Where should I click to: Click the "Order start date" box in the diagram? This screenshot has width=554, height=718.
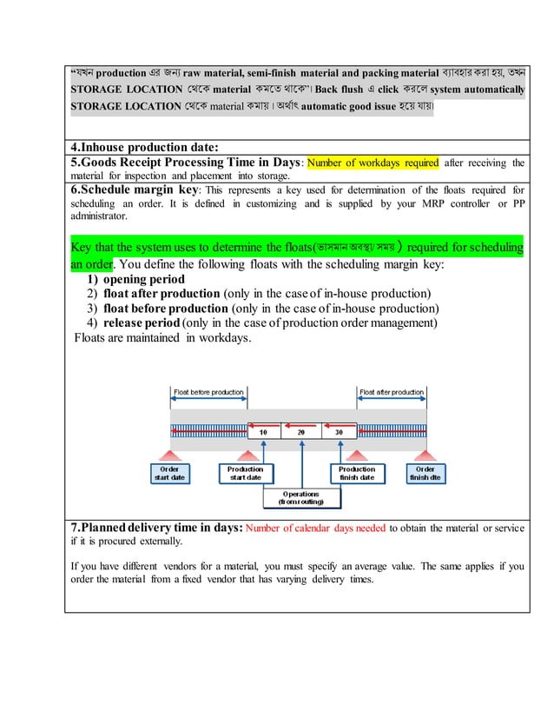click(170, 473)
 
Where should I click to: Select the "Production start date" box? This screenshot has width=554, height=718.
click(244, 473)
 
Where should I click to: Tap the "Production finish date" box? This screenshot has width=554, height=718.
click(357, 473)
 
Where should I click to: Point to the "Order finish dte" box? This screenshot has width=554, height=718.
click(425, 473)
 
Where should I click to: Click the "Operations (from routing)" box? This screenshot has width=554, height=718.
click(300, 498)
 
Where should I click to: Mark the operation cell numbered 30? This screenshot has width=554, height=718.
click(339, 432)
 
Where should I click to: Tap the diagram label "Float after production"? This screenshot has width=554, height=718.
click(392, 393)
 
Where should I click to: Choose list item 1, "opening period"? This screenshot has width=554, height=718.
click(143, 279)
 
